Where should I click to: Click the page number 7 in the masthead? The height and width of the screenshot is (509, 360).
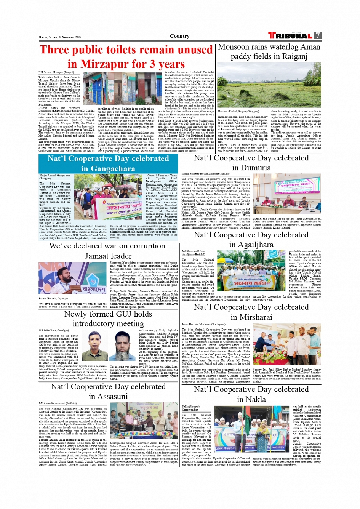[x=317, y=35]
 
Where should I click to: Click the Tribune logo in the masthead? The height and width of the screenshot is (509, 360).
[x=290, y=35]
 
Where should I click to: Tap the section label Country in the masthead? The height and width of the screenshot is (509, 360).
[x=180, y=36]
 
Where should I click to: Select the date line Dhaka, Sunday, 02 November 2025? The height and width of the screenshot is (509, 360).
[x=60, y=37]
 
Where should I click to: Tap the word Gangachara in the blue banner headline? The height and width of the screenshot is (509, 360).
[x=108, y=168]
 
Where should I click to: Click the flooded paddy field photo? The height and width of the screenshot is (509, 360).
[x=269, y=86]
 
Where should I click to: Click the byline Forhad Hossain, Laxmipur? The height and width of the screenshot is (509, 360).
[x=53, y=298]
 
